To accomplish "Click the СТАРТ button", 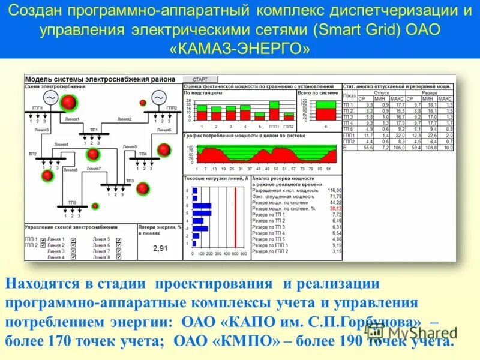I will click(200, 79).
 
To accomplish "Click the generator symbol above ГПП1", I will click(50, 98).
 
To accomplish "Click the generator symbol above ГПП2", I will click(158, 98).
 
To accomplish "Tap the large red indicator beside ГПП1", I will click(70, 103).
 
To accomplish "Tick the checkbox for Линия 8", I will click(119, 257).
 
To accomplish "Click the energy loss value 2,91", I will click(161, 248).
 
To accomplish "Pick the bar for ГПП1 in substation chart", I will click(274, 112).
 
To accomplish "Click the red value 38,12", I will click(335, 208).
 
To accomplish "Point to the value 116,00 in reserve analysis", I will click(334, 190).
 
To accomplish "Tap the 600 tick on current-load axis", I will click(236, 254).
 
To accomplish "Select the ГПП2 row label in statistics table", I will click(349, 142).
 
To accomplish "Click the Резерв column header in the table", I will click(429, 93).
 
